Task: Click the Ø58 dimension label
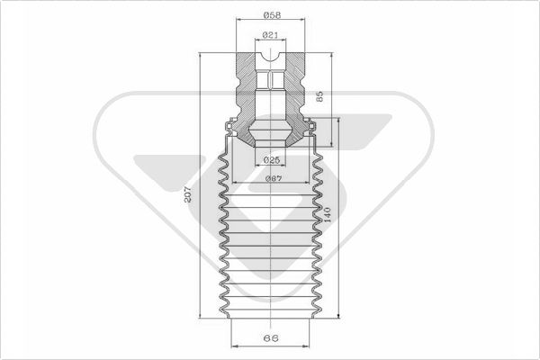pyautogui.click(x=272, y=14)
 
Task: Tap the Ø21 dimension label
pyautogui.click(x=270, y=35)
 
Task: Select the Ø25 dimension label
pyautogui.click(x=272, y=160)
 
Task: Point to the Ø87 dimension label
pyautogui.click(x=274, y=178)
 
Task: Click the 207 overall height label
pyautogui.click(x=188, y=195)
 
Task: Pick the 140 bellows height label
pyautogui.click(x=327, y=215)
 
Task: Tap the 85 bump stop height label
pyautogui.click(x=319, y=96)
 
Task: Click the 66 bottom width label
pyautogui.click(x=271, y=338)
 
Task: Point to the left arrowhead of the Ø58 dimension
pyautogui.click(x=238, y=20)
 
